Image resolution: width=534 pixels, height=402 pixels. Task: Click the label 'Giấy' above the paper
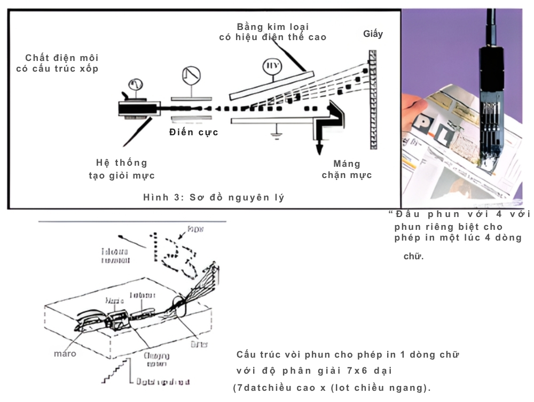(x=373, y=34)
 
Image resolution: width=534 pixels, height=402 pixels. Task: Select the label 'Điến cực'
(x=193, y=132)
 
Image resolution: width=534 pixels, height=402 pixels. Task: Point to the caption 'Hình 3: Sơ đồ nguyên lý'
(x=213, y=197)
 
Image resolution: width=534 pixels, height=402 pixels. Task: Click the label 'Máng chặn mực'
(x=347, y=169)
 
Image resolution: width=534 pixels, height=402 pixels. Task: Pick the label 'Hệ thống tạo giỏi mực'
(x=122, y=168)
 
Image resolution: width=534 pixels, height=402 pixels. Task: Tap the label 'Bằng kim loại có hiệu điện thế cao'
(x=273, y=32)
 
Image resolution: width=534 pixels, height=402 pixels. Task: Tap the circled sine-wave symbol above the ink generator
(x=136, y=84)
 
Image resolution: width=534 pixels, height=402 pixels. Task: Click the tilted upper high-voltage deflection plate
(x=270, y=84)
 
